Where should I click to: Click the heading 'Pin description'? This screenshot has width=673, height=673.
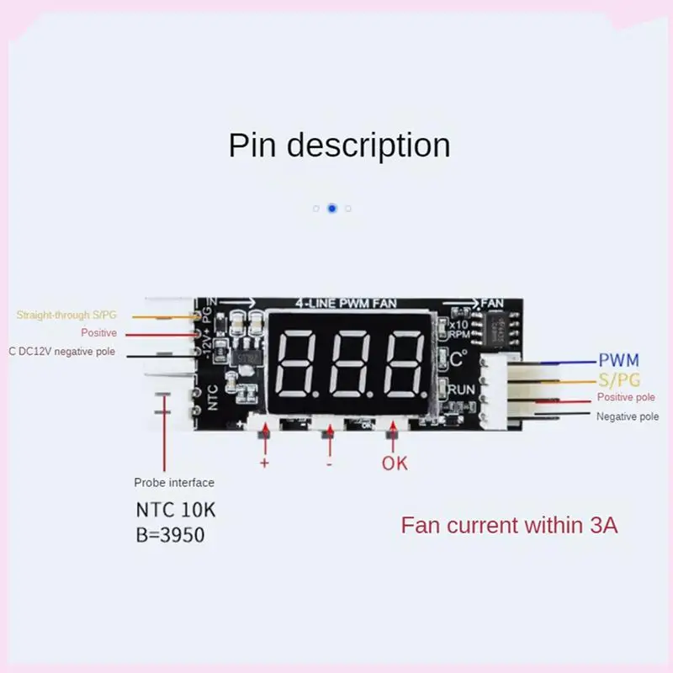coord(339,145)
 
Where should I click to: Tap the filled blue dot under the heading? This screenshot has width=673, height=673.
coord(332,208)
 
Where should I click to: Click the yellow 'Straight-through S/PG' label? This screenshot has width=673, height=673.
coord(66,315)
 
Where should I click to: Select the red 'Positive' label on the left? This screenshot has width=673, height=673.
coord(98,333)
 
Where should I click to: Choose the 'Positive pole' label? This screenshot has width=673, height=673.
coord(626,397)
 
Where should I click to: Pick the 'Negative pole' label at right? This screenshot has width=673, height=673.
coord(628,416)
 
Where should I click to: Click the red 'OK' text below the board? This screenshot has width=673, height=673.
coord(395,463)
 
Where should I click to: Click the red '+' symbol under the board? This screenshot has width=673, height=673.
coord(263,463)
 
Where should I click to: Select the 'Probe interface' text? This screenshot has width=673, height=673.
coord(174,483)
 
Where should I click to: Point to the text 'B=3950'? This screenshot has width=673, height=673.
coord(170,534)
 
